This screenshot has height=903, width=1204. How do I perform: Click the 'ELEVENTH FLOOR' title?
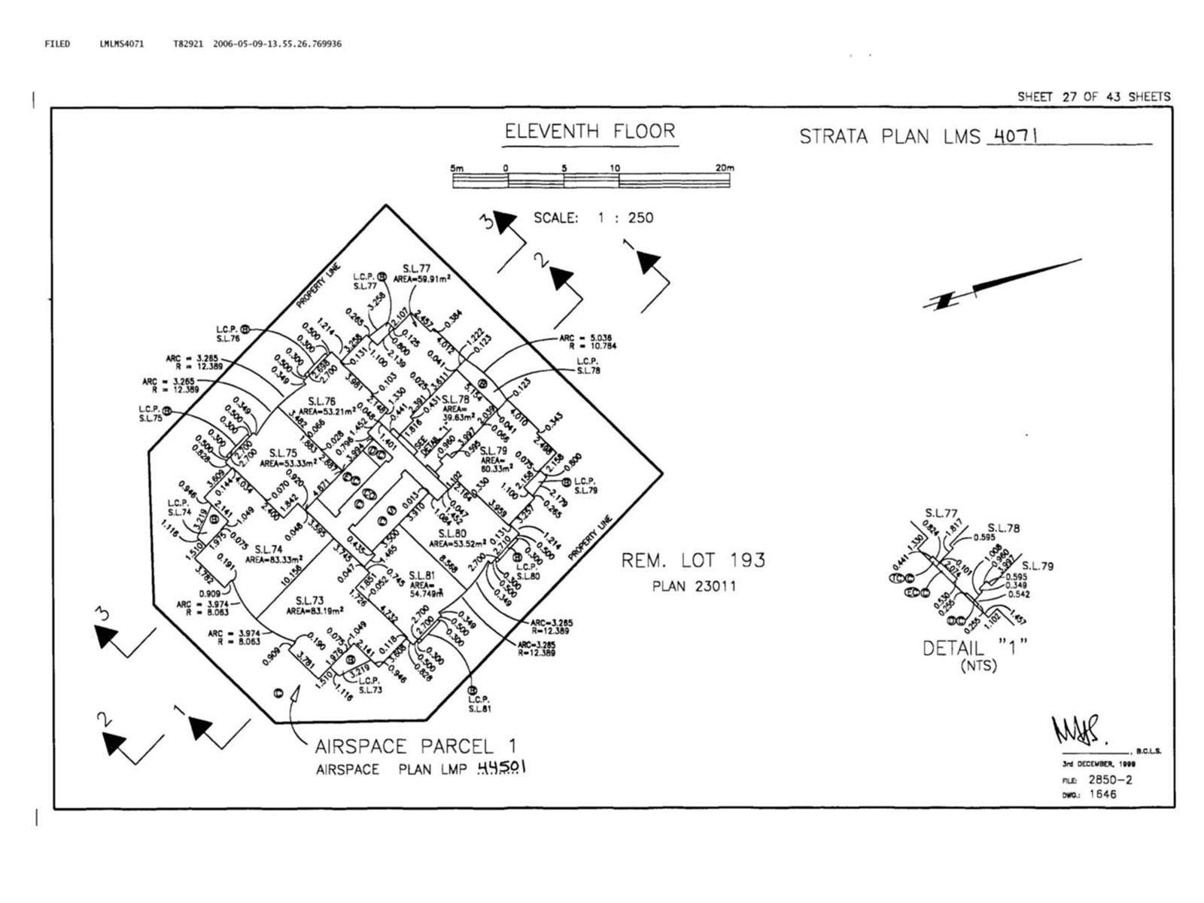click(590, 132)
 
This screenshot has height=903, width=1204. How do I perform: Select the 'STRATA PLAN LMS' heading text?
click(889, 137)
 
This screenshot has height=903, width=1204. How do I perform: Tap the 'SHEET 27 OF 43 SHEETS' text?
click(1093, 97)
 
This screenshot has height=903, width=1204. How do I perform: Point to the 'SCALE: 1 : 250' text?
click(593, 218)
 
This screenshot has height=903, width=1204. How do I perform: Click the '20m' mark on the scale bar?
click(724, 168)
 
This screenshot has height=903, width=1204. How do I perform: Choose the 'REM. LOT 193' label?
click(693, 561)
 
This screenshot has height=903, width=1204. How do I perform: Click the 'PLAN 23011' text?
click(693, 586)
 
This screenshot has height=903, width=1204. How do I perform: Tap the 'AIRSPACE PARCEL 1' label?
click(415, 746)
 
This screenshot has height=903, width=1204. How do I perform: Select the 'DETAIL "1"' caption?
click(974, 648)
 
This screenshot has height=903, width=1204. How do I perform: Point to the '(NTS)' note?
click(978, 666)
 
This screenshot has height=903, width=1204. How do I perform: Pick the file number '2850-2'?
click(1110, 780)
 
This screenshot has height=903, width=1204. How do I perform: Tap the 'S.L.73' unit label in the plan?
click(309, 600)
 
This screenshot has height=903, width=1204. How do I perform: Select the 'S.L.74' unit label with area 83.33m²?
click(268, 549)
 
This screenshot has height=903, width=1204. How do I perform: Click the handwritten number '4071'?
click(1016, 136)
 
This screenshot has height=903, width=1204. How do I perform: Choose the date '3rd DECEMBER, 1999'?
click(1099, 763)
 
